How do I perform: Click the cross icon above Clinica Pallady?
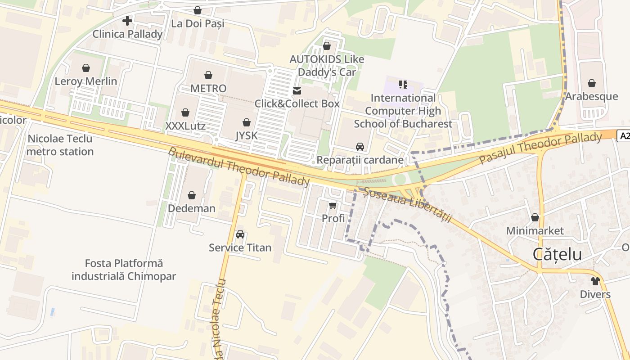point(127,21)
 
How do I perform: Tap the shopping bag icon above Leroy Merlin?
point(86,68)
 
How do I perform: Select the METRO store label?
point(208,88)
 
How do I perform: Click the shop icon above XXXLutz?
point(185,112)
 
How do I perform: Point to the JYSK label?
point(246,135)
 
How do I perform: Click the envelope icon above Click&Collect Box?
point(297,91)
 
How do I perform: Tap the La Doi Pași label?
point(198,23)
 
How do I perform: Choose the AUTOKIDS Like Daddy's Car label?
point(327,66)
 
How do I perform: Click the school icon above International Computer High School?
point(403,85)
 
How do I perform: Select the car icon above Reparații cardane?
point(360,147)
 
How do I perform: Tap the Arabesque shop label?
point(591,96)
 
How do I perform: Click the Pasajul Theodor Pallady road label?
point(540,148)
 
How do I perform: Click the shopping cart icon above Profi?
point(333,206)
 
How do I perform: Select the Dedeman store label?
point(192,208)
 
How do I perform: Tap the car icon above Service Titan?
point(240,235)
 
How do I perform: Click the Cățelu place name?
point(557,254)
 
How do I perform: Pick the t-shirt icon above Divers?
point(595,282)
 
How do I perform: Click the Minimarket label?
point(535,231)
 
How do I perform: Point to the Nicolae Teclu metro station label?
point(60,145)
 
